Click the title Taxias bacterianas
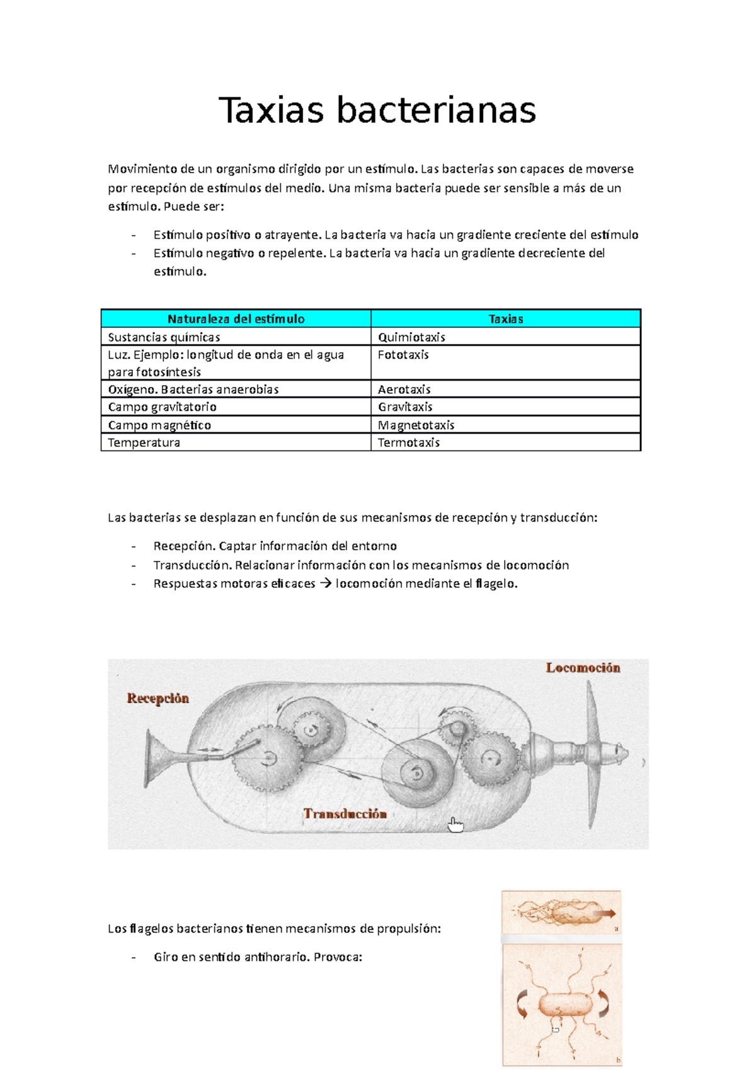[x=377, y=110]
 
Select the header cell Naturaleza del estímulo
[x=236, y=319]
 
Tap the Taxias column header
[x=506, y=319]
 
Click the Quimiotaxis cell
[x=411, y=337]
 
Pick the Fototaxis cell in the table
[x=403, y=355]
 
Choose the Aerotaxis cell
[x=404, y=389]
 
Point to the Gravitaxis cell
[x=405, y=407]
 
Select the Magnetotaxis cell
[x=416, y=425]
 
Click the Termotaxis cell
[x=409, y=443]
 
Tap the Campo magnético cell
[x=159, y=425]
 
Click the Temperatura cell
[x=144, y=443]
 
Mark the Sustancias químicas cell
[x=164, y=337]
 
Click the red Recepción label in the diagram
[x=157, y=698]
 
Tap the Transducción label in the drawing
[x=345, y=814]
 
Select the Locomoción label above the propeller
[x=583, y=667]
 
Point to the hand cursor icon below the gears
[x=455, y=825]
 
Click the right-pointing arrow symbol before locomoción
[x=325, y=584]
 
